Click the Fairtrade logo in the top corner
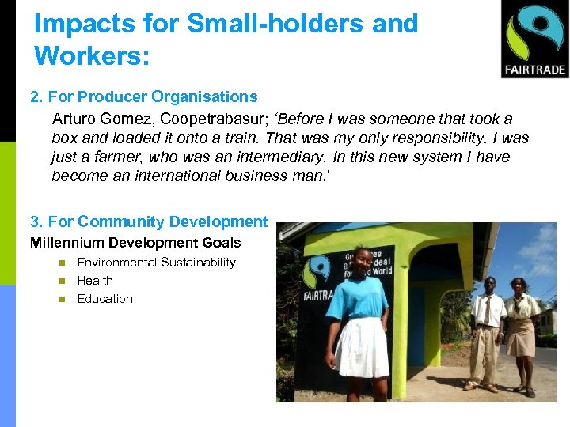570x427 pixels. [x=534, y=39]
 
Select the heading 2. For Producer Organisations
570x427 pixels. [x=144, y=97]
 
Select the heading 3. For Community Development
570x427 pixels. [x=149, y=222]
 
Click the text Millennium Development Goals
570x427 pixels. [x=135, y=243]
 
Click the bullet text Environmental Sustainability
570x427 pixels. [x=156, y=263]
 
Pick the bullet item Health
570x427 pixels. [x=95, y=281]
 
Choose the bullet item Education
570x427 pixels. [x=104, y=299]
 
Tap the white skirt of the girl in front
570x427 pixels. [x=362, y=348]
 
